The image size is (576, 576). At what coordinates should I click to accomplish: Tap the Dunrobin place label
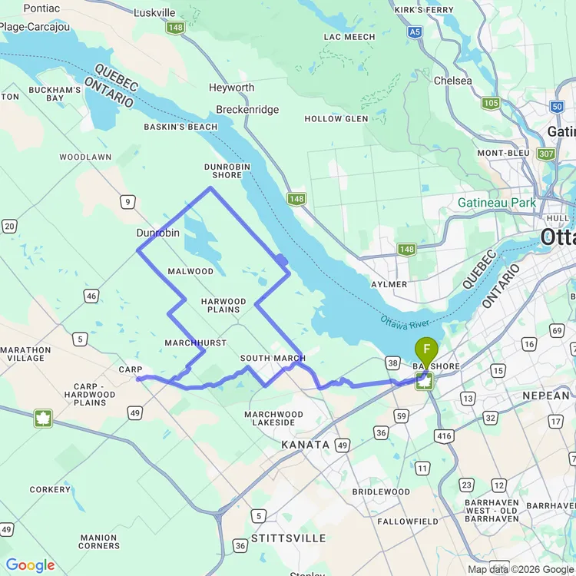(x=158, y=232)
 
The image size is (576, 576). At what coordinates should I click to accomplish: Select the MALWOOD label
(x=190, y=271)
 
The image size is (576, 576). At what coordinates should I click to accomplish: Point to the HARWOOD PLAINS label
(x=223, y=306)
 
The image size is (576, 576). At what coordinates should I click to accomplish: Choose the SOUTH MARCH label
(x=273, y=359)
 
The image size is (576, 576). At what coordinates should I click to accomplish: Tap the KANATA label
(x=305, y=445)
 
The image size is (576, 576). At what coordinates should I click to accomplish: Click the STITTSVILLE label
(x=290, y=538)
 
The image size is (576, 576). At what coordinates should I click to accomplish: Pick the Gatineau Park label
(x=495, y=203)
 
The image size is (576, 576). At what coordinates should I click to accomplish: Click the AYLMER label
(x=389, y=284)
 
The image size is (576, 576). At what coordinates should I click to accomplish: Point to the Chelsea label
(x=453, y=81)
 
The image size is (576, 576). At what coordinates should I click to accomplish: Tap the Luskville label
(x=154, y=13)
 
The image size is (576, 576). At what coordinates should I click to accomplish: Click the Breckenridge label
(x=247, y=110)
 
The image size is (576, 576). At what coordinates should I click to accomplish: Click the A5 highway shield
(x=415, y=32)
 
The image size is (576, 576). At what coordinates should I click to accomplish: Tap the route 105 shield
(x=491, y=103)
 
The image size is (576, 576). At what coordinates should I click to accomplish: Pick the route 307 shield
(x=546, y=154)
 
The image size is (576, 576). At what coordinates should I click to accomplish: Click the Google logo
(x=29, y=566)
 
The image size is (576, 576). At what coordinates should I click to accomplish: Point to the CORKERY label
(x=50, y=489)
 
